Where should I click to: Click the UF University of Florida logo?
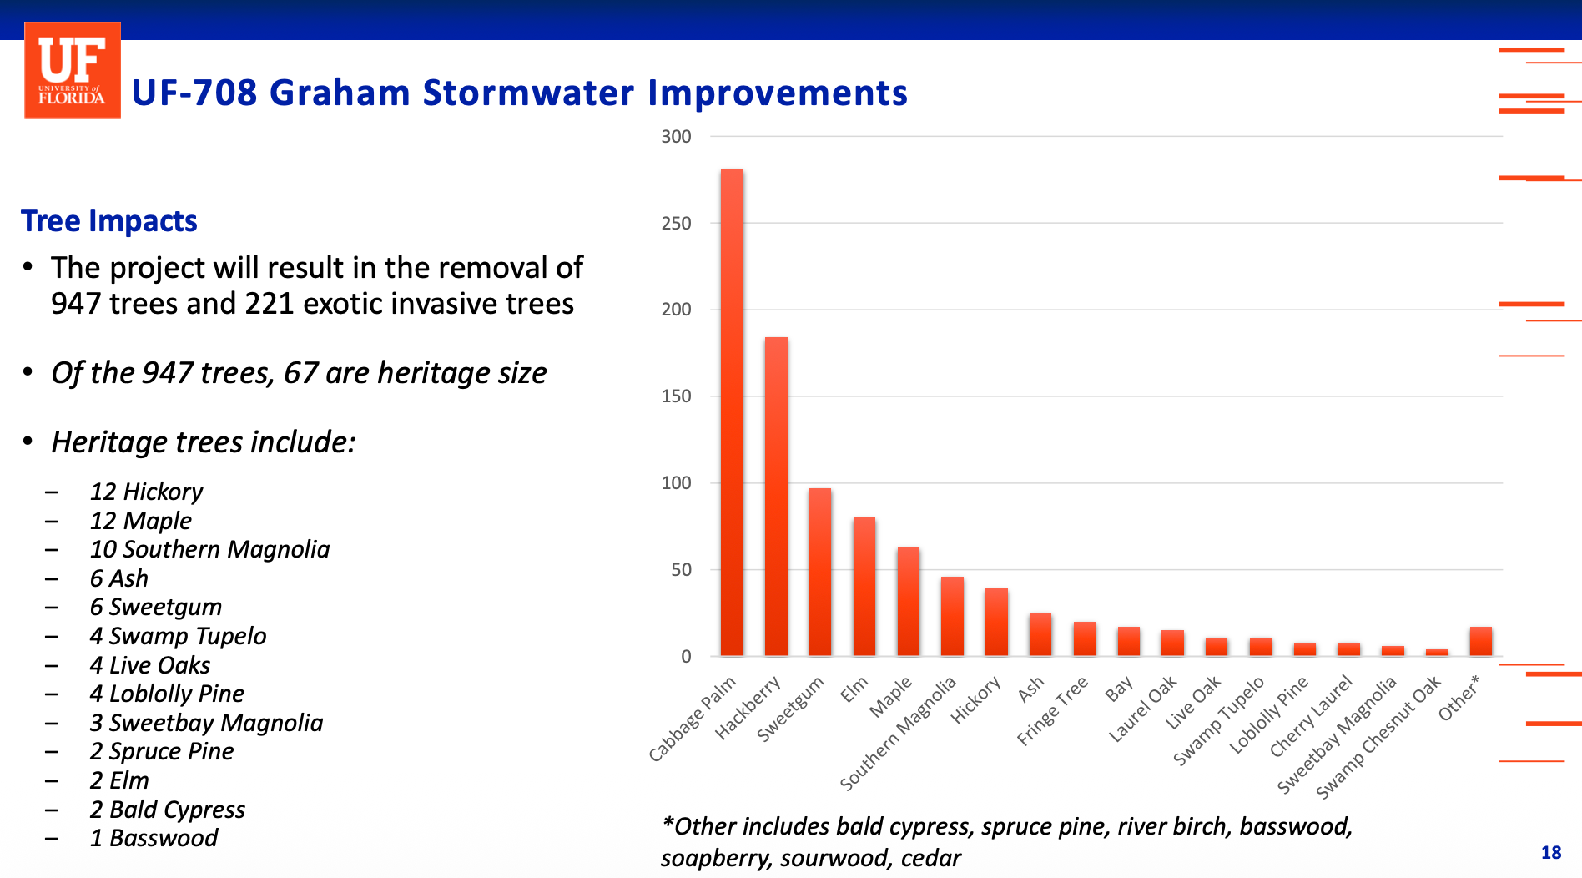click(73, 70)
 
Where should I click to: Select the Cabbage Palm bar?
click(732, 412)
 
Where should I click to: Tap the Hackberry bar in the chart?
click(776, 496)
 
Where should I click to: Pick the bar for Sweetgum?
click(819, 572)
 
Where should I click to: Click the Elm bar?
click(864, 586)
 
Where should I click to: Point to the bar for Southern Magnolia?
click(952, 616)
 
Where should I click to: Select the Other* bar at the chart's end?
click(1480, 641)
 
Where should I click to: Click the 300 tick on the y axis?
click(676, 137)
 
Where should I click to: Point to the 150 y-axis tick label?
click(676, 396)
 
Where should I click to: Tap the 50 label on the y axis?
click(681, 570)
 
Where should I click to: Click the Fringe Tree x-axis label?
click(1053, 711)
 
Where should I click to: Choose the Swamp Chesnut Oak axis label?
click(1378, 737)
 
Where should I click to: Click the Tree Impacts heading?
click(108, 221)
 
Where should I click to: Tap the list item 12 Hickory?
click(146, 492)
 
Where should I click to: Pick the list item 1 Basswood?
click(154, 838)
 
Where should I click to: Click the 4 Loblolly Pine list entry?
click(167, 694)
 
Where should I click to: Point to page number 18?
click(1551, 852)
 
